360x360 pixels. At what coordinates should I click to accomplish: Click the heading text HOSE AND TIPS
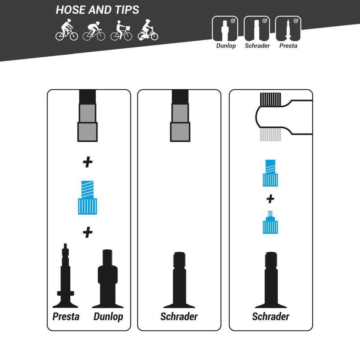97,10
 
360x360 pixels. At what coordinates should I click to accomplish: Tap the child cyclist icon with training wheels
148,30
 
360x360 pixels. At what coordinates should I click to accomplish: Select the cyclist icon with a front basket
121,30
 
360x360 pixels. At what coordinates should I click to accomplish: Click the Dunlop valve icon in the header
225,28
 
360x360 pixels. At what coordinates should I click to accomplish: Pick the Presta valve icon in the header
288,28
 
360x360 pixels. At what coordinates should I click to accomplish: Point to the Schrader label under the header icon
257,46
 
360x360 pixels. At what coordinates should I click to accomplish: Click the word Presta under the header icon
288,46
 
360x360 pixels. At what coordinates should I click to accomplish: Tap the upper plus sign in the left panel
87,162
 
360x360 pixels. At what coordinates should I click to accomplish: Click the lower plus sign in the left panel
87,232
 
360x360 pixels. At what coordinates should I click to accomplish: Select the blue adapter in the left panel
87,198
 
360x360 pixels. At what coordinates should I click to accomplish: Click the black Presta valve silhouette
65,276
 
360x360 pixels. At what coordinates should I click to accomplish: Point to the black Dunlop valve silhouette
108,279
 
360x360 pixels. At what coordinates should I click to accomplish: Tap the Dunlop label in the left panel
108,317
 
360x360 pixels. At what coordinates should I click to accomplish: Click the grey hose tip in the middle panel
180,122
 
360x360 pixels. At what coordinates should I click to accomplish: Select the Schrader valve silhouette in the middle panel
179,280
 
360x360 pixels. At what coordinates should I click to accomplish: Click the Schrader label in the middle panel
179,316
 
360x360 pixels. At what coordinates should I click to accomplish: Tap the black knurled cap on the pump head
270,99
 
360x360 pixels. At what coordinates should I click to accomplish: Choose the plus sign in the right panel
270,199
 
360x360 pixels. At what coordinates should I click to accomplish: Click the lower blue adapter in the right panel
270,222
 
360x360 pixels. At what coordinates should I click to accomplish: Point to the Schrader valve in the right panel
271,280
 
